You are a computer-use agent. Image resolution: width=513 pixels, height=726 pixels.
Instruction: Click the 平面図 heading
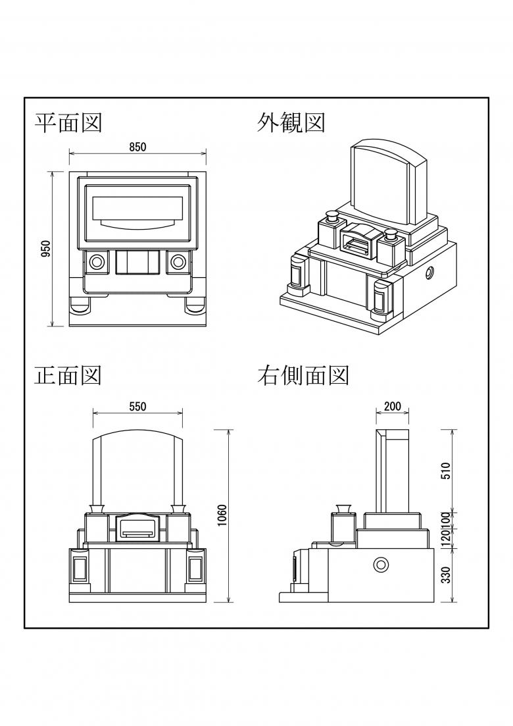68,122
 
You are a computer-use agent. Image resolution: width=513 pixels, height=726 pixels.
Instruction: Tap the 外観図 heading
291,122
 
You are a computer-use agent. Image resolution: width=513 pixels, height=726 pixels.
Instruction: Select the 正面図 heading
68,375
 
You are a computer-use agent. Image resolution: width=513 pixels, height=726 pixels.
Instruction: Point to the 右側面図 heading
303,375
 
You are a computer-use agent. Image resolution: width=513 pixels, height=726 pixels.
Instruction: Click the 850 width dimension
137,147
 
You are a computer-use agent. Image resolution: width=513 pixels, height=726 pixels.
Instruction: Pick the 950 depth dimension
46,249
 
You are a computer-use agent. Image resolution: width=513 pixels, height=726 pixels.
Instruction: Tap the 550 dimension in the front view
137,406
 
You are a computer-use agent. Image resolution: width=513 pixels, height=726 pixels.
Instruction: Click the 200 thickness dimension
392,406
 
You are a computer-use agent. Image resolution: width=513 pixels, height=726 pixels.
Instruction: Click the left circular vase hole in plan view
97,262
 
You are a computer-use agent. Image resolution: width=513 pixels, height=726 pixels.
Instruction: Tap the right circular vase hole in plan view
177,262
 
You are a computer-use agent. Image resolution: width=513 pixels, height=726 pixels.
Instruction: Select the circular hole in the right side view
381,564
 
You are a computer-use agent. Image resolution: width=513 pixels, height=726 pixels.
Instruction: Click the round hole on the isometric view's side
429,272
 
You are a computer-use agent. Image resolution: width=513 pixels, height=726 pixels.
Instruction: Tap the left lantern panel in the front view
80,569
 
